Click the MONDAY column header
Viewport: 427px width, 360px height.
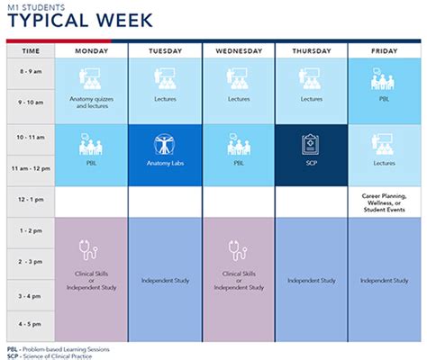pos(91,51)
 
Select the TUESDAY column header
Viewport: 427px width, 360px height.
pos(165,51)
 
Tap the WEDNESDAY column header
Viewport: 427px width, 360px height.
pos(239,51)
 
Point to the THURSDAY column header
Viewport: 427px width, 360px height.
pos(312,51)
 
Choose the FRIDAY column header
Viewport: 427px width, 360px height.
pos(386,51)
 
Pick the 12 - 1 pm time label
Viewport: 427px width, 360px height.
pos(31,200)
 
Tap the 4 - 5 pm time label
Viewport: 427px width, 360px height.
pos(31,322)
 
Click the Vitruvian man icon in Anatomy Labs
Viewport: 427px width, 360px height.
pos(165,145)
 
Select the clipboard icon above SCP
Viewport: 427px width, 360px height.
pos(312,145)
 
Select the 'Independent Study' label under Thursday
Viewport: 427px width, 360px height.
pos(312,280)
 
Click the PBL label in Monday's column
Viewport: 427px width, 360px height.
pos(91,164)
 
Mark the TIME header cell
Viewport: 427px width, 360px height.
pos(31,51)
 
